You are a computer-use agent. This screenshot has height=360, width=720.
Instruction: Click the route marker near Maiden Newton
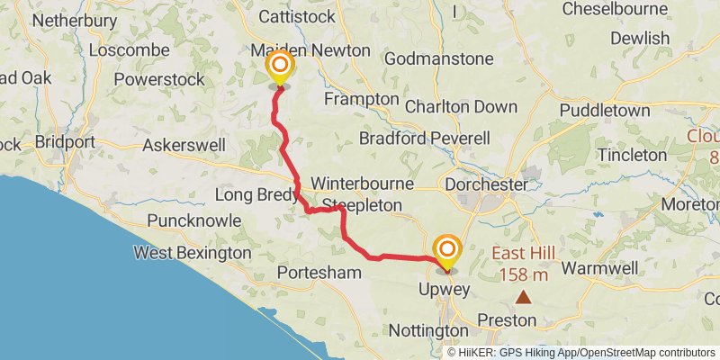click(280, 67)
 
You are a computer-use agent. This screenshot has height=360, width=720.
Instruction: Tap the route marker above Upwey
click(445, 249)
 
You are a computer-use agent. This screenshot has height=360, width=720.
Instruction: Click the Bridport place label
click(64, 142)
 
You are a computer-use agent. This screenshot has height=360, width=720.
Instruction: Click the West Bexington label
click(193, 253)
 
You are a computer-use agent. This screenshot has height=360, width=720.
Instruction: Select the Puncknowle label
click(194, 220)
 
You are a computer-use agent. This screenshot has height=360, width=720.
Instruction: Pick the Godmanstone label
click(438, 59)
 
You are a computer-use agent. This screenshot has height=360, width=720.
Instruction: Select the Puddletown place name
click(604, 111)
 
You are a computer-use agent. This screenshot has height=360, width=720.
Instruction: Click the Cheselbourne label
click(619, 9)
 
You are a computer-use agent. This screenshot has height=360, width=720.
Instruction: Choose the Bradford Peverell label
click(424, 139)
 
